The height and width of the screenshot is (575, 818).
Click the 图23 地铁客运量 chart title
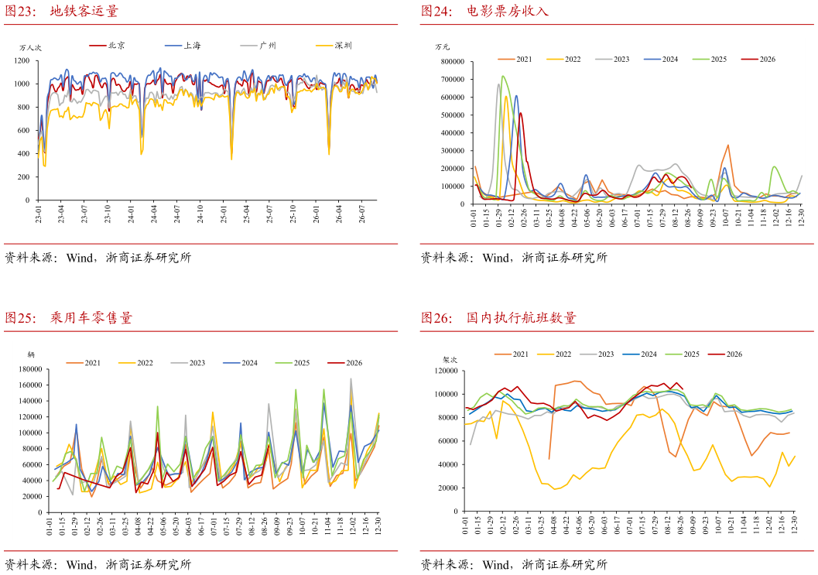62,11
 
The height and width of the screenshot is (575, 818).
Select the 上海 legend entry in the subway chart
183,46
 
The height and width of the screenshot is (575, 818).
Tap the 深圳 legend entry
334,46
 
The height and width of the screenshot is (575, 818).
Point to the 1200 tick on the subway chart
22,61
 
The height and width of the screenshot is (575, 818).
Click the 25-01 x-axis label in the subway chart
224,214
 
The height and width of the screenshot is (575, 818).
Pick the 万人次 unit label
30,48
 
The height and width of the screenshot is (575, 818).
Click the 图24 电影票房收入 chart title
484,11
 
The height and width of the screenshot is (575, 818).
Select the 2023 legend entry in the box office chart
612,60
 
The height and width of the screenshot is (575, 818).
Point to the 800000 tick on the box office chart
452,62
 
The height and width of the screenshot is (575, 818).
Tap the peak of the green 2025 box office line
502,76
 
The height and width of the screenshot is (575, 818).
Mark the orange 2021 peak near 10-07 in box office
727,145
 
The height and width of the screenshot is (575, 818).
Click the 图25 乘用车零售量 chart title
68,318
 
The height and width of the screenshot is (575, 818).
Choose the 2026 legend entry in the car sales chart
345,363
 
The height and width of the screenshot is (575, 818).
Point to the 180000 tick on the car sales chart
29,369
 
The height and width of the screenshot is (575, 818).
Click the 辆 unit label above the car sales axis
31,354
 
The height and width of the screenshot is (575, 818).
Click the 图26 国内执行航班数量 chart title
498,318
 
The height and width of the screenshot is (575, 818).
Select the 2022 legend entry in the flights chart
555,354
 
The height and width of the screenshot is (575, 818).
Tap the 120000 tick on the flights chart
446,371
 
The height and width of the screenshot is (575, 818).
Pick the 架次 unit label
450,360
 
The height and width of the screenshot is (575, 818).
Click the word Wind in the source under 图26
497,565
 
